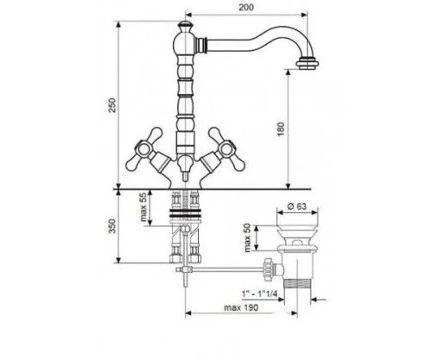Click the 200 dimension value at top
point(246,7)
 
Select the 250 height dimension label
point(112,105)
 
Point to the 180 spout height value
point(281,129)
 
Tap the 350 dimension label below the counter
point(112,226)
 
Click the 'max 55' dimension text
point(143,207)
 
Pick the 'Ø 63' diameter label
point(297,206)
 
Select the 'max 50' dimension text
point(248,238)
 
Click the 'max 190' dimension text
point(241,307)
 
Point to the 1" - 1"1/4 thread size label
point(259,294)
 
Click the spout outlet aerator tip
point(308,64)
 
